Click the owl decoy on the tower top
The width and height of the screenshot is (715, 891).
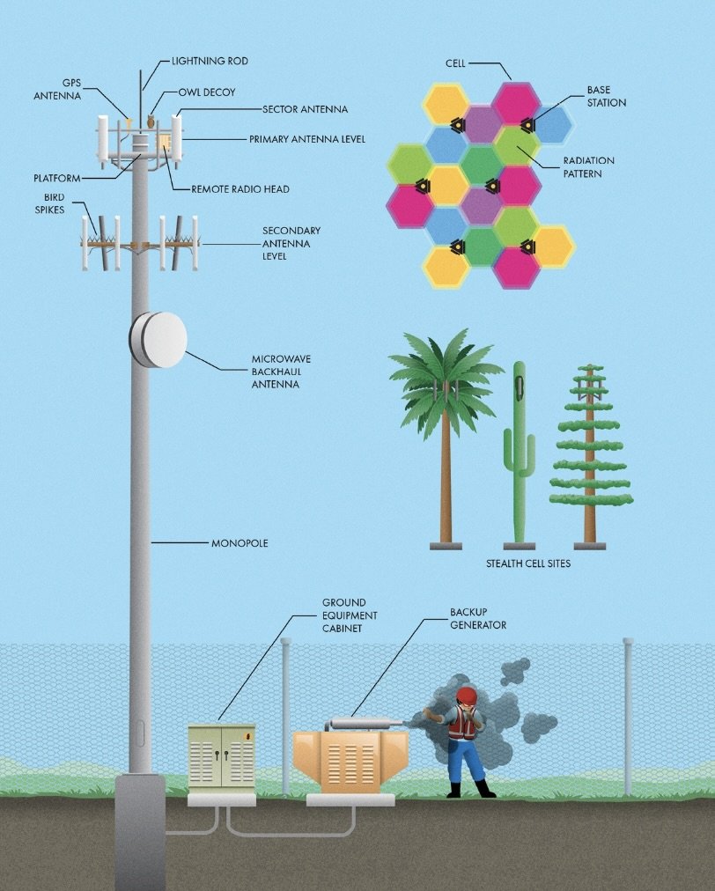(151, 121)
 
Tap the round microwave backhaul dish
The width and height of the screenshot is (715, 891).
(159, 339)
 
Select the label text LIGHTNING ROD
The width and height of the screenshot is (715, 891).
(209, 62)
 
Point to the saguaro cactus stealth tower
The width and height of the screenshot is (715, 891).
(518, 449)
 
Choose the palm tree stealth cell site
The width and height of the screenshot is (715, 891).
(446, 423)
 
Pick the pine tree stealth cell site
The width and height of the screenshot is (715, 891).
(590, 458)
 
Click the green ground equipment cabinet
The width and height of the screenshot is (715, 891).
(220, 755)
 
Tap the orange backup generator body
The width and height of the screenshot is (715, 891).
(345, 762)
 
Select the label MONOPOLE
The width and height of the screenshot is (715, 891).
(240, 543)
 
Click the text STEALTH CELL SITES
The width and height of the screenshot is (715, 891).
(528, 563)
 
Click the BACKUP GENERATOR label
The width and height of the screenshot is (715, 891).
(478, 618)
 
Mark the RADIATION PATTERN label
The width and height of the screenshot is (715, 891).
(588, 167)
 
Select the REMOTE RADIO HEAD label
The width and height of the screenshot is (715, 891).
(240, 188)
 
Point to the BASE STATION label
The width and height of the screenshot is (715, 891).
(607, 97)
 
